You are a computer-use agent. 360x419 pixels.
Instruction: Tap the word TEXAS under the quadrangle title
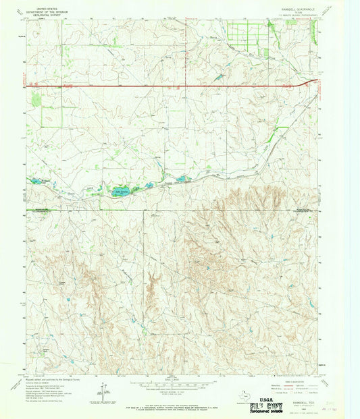[290, 13]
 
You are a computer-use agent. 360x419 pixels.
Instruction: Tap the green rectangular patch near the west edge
[36, 100]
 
